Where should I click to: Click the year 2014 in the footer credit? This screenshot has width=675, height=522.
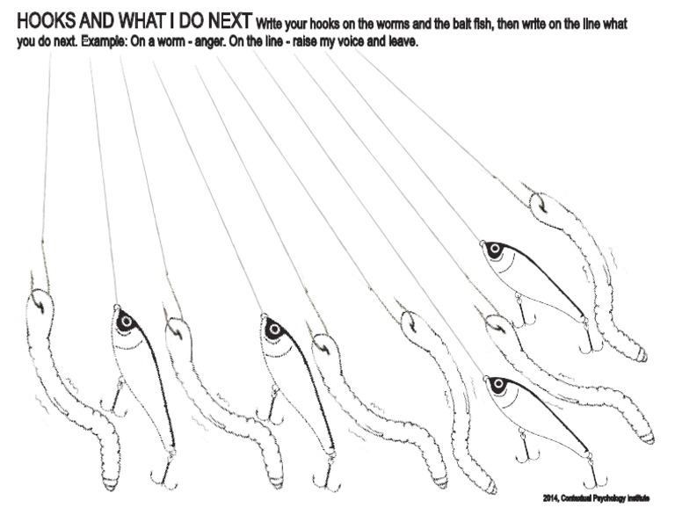pos(552,498)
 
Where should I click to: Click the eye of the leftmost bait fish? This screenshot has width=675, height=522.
pos(126,322)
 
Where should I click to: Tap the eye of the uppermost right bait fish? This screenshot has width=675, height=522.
pos(494,250)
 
